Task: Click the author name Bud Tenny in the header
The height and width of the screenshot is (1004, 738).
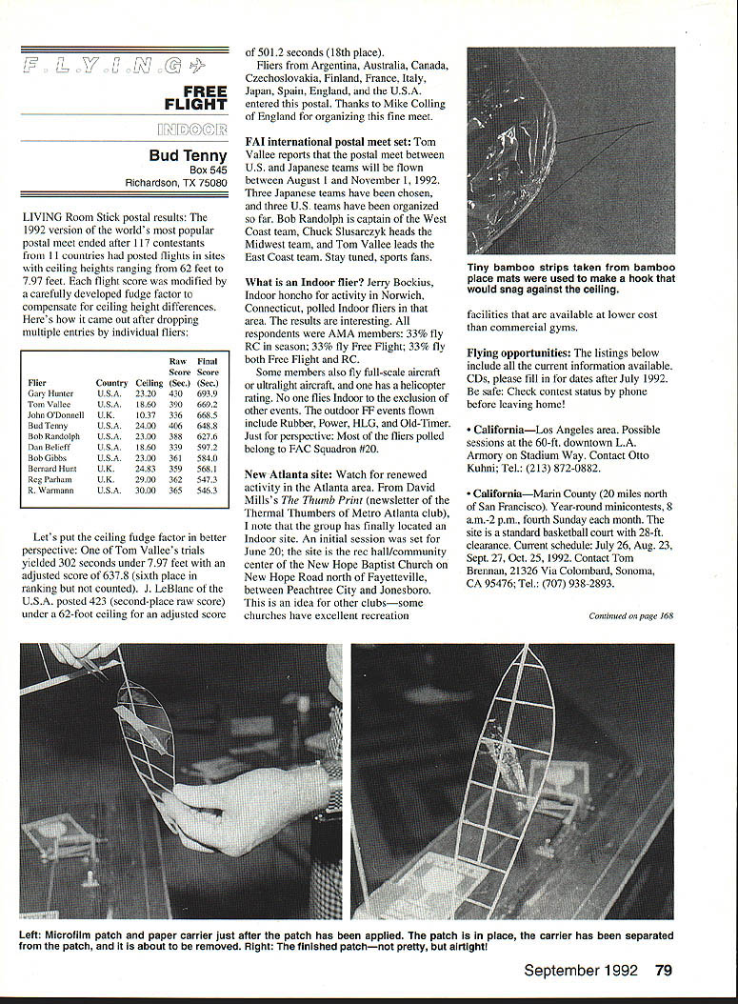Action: coord(188,155)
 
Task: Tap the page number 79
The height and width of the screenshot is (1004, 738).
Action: coord(664,971)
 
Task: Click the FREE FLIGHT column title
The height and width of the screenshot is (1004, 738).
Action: coord(194,98)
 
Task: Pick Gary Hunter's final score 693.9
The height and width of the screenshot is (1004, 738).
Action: coord(208,393)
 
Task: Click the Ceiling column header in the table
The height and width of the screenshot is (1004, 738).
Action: coord(150,383)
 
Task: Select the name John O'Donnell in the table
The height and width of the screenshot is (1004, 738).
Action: coord(56,415)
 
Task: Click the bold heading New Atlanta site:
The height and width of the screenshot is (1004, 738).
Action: coord(288,473)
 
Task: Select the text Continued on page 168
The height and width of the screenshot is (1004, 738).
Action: coord(630,615)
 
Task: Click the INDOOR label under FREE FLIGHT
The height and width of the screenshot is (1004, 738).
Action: coord(192,129)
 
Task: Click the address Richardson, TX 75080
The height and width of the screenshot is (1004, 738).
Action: coord(176,183)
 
